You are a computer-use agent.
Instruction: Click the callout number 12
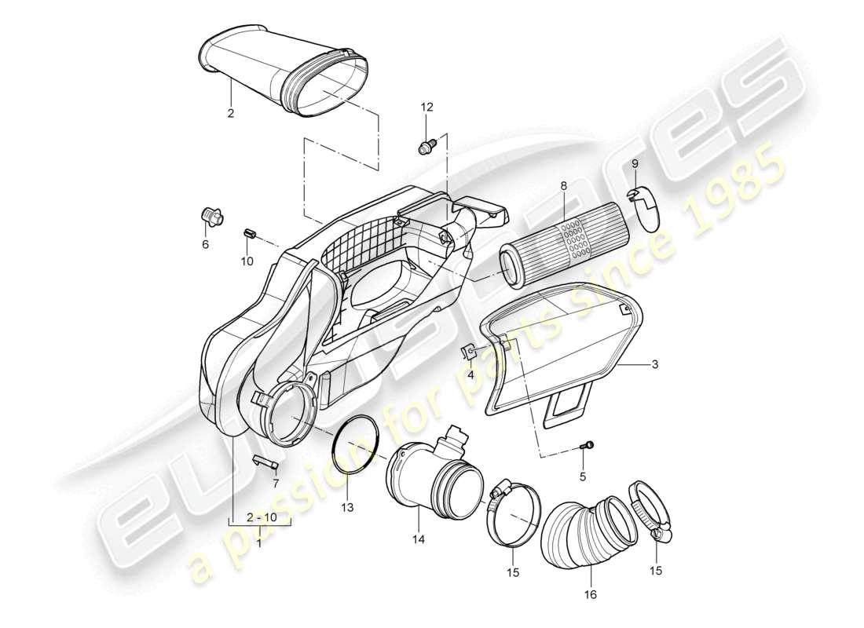[427, 107]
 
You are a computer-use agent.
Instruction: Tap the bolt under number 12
[426, 145]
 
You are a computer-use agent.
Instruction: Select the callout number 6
[206, 244]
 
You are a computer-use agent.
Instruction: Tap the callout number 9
[635, 163]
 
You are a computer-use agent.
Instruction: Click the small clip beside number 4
[466, 352]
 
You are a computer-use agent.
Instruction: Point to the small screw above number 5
[585, 446]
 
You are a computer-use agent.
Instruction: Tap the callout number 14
[419, 539]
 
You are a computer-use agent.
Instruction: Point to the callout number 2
[231, 113]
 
